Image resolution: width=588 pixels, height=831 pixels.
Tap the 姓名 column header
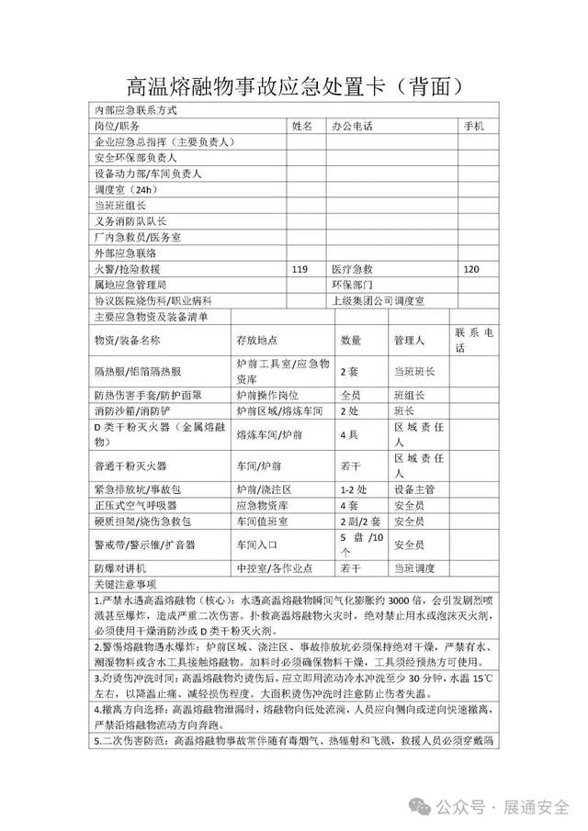point(303,125)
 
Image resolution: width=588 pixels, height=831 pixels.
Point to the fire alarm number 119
point(299,269)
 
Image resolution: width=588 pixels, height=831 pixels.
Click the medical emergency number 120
point(472,269)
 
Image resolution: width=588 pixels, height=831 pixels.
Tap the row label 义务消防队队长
point(130,220)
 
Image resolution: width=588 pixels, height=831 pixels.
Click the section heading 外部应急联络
point(125,253)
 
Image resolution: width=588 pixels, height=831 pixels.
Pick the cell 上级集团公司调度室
point(377,300)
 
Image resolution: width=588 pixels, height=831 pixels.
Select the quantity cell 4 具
point(349,434)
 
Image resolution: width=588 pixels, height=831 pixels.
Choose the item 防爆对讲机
point(120,568)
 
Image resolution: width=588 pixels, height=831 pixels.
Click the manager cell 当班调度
point(413,568)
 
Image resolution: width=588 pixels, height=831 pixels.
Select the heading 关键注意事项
point(126,583)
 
